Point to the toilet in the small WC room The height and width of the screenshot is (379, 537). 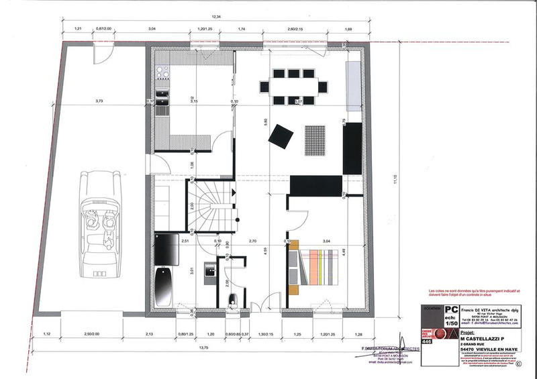pos(234,299)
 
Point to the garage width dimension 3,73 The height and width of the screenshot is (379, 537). pos(99,101)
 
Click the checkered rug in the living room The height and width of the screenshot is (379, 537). pos(314,139)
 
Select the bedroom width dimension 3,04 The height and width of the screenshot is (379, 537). pos(326,240)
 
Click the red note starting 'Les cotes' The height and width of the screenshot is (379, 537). pos(473,293)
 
